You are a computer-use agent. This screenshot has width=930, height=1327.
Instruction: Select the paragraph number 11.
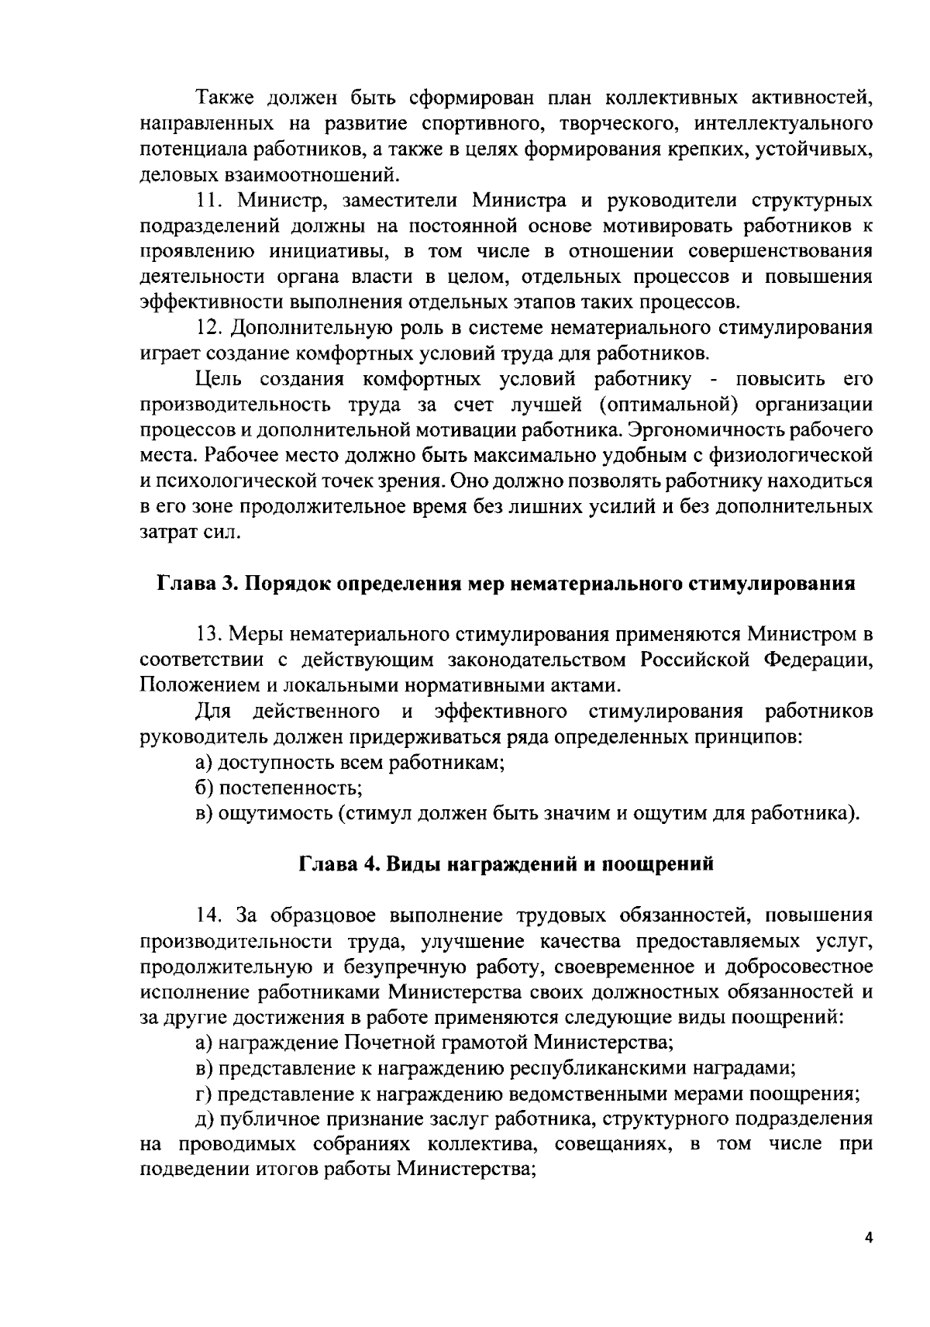pyautogui.click(x=209, y=201)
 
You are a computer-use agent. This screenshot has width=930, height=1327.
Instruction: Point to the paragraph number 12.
pyautogui.click(x=209, y=328)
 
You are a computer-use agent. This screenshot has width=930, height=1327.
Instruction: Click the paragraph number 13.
pyautogui.click(x=210, y=634)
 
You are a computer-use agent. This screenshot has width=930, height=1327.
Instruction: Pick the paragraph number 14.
pyautogui.click(x=210, y=915)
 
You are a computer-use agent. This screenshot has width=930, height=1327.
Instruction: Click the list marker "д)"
pyautogui.click(x=205, y=1119)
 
